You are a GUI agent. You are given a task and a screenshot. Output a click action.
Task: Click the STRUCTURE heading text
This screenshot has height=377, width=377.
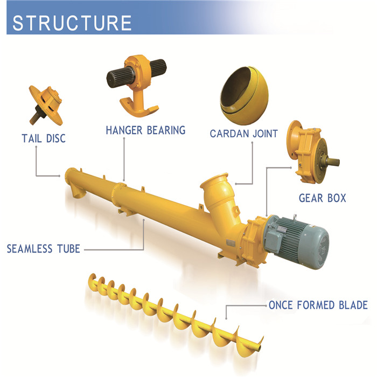point(72,23)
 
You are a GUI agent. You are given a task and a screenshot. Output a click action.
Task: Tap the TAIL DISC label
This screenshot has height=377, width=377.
point(44,138)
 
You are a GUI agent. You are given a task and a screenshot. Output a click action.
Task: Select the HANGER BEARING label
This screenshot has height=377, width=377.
point(145,130)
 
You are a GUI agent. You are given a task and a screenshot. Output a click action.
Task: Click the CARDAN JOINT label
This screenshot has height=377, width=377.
point(243,133)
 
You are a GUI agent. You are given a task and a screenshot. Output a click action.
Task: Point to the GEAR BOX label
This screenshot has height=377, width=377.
point(322,198)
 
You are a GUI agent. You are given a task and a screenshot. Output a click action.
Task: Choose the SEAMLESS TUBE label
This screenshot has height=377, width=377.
point(44,249)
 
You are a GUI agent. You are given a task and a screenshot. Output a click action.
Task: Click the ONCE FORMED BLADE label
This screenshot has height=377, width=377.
point(318,305)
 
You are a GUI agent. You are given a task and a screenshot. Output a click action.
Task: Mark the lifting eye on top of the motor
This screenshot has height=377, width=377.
point(295,215)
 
